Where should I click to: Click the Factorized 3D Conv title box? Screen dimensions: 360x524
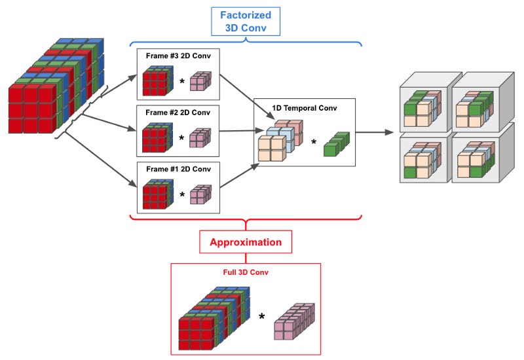pos(246,21)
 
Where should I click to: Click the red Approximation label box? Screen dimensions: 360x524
pos(245,242)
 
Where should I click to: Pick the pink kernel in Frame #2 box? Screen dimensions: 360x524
pos(200,137)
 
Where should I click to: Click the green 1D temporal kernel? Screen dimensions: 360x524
pos(337,143)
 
